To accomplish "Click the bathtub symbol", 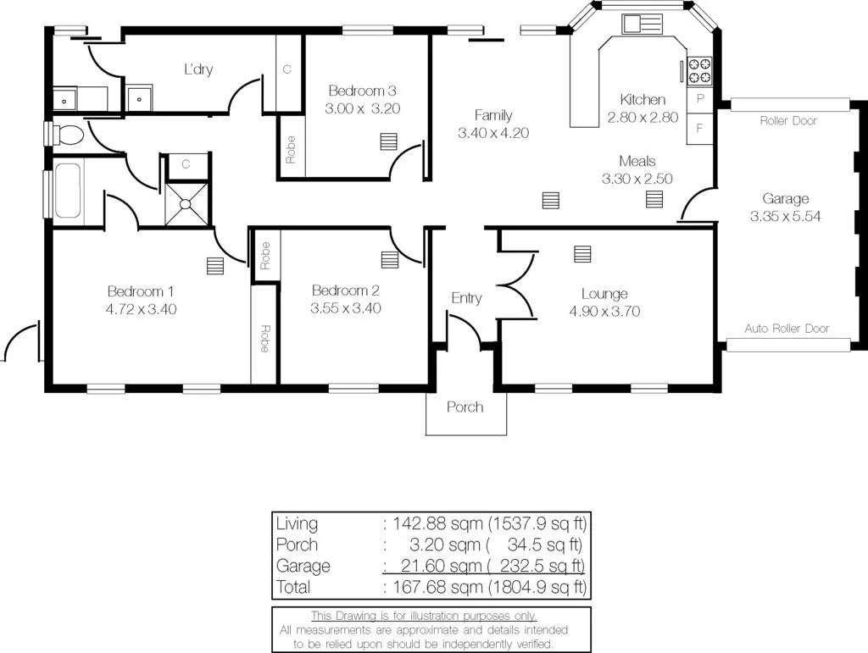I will [68, 191].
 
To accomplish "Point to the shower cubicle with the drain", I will [186, 203].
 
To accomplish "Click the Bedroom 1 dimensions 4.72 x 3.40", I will [141, 309].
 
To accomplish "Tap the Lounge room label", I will [604, 294].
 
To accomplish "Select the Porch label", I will [465, 407].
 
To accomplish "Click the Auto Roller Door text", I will [787, 329].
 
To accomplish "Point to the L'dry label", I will [198, 69].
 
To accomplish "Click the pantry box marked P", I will [700, 99].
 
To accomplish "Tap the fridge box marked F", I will [700, 129].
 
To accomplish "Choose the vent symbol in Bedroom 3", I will [389, 141].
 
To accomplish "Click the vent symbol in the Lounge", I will [582, 253].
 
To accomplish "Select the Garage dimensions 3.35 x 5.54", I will [785, 217].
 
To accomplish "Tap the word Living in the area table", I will [298, 523].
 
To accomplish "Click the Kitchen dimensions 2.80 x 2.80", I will [643, 118].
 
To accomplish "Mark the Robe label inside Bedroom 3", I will [291, 149].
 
